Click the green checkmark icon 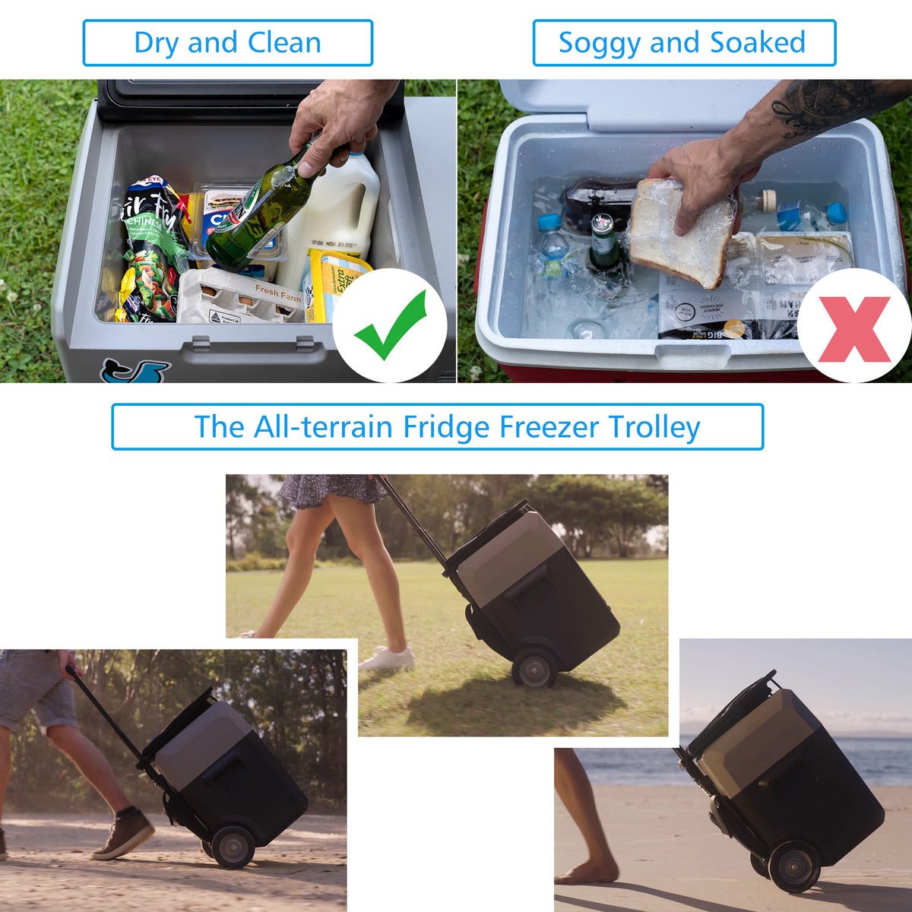click(390, 326)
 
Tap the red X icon click(854, 328)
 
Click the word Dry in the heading click(157, 43)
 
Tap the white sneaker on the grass click(387, 658)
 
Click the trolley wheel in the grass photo click(534, 670)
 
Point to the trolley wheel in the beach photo click(793, 866)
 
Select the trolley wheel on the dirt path click(233, 846)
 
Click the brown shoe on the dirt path click(124, 834)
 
